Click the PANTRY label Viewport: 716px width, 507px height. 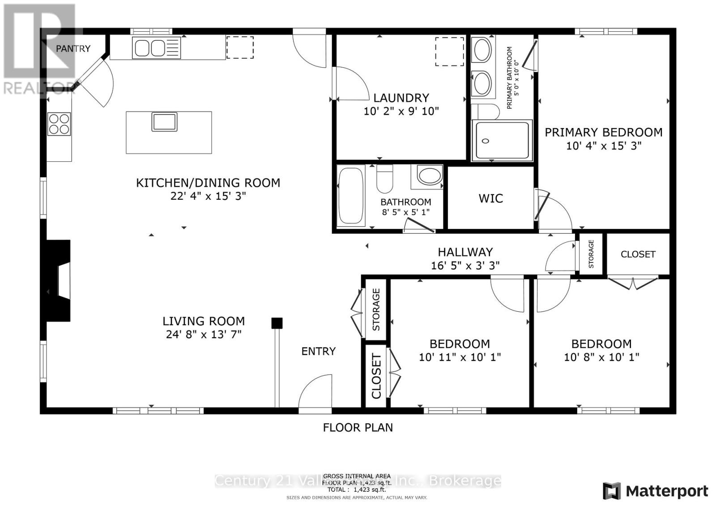click(x=73, y=48)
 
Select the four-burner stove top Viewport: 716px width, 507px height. click(x=59, y=124)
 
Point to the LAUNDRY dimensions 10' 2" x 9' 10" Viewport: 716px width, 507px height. click(x=401, y=111)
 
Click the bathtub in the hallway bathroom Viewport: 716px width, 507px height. click(x=351, y=195)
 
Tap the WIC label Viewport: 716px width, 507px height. click(x=490, y=198)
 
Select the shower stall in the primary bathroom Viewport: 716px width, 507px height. click(x=502, y=141)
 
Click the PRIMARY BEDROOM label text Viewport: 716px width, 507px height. click(x=603, y=132)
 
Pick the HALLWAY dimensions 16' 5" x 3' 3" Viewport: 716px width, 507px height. click(x=465, y=265)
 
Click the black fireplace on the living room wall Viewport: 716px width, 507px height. click(x=59, y=281)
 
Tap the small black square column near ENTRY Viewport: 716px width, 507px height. click(x=277, y=323)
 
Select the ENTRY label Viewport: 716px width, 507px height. click(x=318, y=351)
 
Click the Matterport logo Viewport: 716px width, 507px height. click(x=656, y=491)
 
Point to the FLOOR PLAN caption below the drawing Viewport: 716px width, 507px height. click(x=358, y=427)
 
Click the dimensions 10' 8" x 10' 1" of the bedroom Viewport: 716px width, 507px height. click(x=601, y=357)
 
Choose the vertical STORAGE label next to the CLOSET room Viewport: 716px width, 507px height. click(x=591, y=254)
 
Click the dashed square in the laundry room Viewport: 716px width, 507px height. click(x=449, y=52)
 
